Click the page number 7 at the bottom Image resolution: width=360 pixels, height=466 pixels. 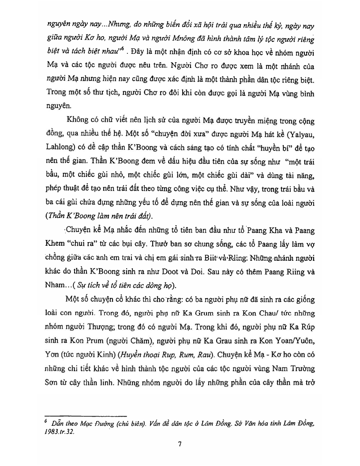click(x=180, y=444)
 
